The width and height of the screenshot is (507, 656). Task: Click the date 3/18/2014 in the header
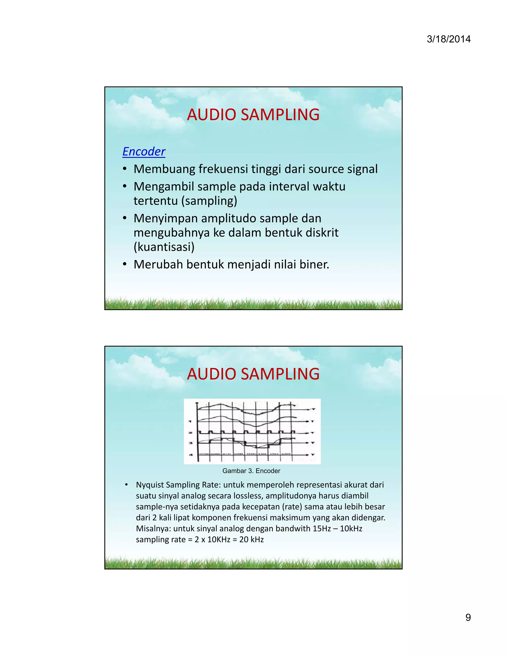coord(448,39)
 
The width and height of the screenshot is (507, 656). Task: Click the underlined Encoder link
coord(144,151)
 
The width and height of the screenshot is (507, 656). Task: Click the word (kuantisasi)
coord(164,247)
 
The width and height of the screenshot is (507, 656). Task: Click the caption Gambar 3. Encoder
coord(251,471)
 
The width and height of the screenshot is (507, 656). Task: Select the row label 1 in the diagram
coord(190,421)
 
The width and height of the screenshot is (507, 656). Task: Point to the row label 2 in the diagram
coord(190,433)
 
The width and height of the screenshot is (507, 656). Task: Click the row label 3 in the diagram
coord(190,443)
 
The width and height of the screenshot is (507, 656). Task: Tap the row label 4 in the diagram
coord(190,455)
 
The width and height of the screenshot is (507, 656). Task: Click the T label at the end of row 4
coord(313,455)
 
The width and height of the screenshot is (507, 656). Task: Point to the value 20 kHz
coord(252,539)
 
